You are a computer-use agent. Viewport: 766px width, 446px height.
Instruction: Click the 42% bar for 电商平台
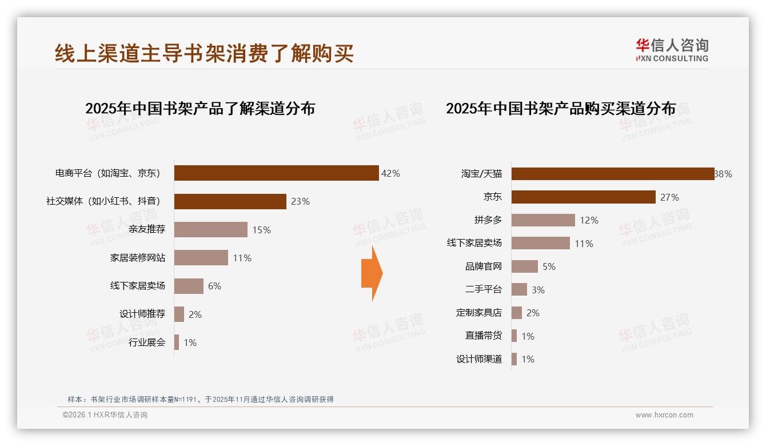point(276,173)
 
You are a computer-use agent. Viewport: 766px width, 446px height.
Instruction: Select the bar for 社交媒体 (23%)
point(230,201)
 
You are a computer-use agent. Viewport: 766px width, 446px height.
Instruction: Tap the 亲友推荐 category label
point(146,230)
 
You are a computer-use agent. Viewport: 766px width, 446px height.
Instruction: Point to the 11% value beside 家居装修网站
point(242,258)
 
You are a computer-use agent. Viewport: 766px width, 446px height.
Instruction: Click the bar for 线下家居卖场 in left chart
point(189,286)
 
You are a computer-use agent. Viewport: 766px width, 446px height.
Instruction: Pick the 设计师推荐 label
point(142,314)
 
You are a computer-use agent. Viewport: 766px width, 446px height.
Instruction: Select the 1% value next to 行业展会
point(190,343)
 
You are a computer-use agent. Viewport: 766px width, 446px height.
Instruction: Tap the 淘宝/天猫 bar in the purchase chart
point(612,174)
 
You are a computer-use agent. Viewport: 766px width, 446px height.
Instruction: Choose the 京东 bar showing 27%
point(583,197)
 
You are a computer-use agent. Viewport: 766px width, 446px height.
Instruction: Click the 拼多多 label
point(488,220)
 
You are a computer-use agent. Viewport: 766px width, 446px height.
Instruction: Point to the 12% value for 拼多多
point(589,220)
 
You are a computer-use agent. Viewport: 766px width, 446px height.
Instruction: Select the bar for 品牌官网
point(524,266)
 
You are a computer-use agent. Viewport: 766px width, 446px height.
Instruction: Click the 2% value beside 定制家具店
point(533,313)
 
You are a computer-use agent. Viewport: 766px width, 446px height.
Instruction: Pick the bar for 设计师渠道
point(514,359)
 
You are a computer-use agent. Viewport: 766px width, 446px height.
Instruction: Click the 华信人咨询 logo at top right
point(672,50)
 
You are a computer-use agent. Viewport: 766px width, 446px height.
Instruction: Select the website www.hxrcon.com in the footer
point(664,415)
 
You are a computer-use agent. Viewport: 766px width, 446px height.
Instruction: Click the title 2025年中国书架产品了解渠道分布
point(200,109)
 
